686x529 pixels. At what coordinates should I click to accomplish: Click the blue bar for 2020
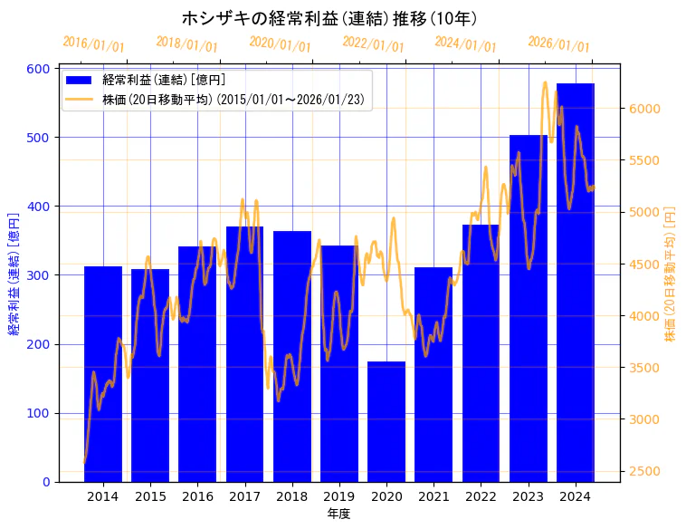pyautogui.click(x=386, y=421)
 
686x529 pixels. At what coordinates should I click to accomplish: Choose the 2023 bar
pyautogui.click(x=529, y=308)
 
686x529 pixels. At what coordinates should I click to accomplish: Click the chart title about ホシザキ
pyautogui.click(x=329, y=17)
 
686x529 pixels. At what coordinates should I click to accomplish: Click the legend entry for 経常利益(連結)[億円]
pyautogui.click(x=164, y=81)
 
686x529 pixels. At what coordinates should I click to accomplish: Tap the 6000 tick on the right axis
pyautogui.click(x=645, y=109)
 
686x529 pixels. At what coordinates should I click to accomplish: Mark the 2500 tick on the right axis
pyautogui.click(x=645, y=472)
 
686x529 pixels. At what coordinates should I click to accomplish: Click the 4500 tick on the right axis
pyautogui.click(x=645, y=264)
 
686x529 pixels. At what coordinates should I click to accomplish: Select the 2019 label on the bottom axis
pyautogui.click(x=339, y=496)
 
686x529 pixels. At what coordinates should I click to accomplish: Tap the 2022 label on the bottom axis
pyautogui.click(x=481, y=496)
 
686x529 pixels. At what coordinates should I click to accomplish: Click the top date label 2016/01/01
pyautogui.click(x=94, y=44)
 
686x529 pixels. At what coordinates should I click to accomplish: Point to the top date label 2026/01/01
pyautogui.click(x=558, y=44)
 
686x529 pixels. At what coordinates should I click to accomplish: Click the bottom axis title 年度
pyautogui.click(x=339, y=514)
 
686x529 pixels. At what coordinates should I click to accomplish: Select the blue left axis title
pyautogui.click(x=14, y=274)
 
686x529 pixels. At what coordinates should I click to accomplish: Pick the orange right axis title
pyautogui.click(x=671, y=274)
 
